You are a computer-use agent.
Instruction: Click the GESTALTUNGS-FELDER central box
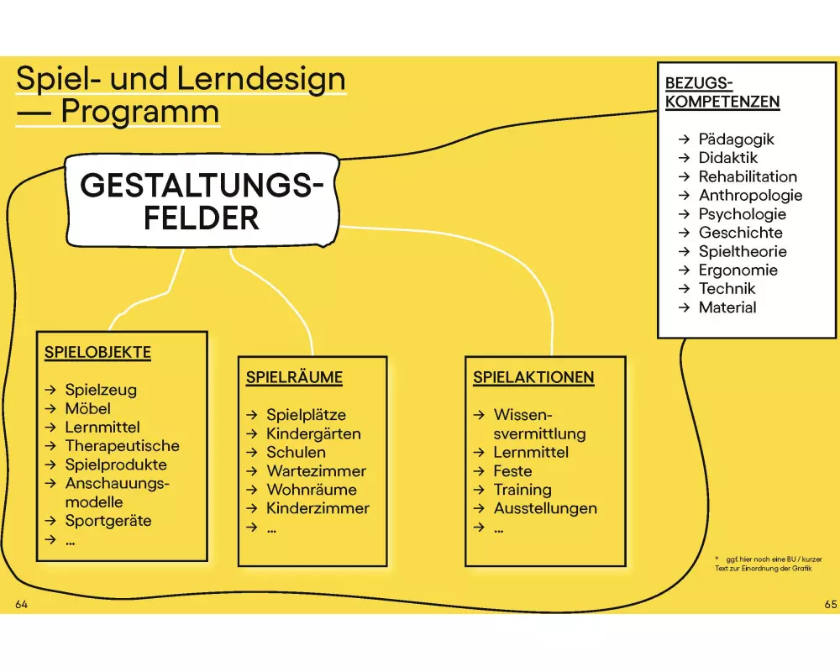coord(202,202)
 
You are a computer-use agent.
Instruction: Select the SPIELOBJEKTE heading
coord(97,353)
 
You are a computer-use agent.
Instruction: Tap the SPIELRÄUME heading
coord(294,378)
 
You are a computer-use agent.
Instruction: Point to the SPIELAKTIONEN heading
coord(533,378)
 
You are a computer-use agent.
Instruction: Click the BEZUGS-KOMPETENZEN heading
coord(722,92)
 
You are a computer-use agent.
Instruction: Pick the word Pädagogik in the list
coord(736,139)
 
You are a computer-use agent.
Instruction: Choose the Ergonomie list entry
coord(738,270)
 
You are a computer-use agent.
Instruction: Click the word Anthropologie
coord(750,196)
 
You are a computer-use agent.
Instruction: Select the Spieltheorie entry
coord(743,251)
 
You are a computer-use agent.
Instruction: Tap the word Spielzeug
coord(101,390)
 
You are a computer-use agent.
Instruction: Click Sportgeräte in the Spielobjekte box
coord(108,521)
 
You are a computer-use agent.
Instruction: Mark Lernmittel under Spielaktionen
coord(531,453)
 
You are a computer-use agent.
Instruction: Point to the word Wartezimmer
coord(316,471)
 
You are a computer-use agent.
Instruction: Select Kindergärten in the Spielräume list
coord(313,434)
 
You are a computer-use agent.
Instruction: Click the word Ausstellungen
coord(545,508)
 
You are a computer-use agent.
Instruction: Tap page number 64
coord(22,605)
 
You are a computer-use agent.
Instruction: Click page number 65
coord(832,605)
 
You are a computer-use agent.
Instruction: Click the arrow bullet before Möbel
coord(50,409)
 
